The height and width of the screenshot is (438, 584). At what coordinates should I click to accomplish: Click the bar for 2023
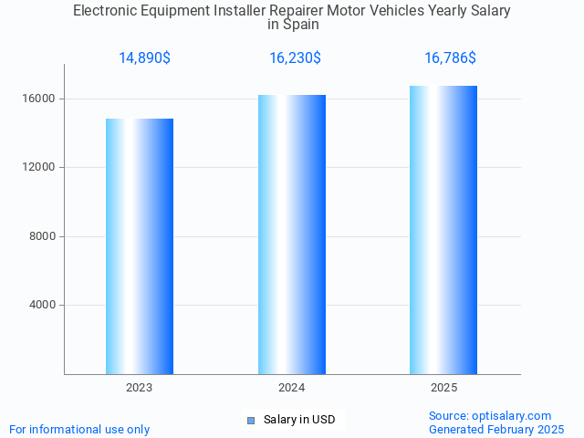coord(140,246)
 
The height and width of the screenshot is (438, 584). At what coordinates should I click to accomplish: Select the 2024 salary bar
coord(292,235)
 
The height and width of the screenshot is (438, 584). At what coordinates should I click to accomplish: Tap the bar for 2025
coord(443,230)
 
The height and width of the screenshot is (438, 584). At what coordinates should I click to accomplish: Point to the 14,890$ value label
coord(144,58)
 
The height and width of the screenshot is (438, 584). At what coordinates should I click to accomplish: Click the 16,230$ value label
coord(295,58)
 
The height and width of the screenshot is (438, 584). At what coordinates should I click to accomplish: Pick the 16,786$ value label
coord(450,58)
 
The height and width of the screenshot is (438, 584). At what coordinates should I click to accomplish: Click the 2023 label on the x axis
coord(140,388)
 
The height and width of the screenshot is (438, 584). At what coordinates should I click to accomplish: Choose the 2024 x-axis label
coord(292,388)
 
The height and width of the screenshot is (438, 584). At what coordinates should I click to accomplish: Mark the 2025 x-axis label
coord(444,388)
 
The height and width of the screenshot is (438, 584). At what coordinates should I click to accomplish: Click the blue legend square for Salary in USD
coord(251,421)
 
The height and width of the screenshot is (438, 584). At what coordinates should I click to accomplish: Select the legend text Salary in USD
coord(299,420)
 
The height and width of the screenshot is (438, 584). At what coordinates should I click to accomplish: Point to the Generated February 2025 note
coord(496,429)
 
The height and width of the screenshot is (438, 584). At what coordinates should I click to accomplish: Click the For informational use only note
coord(79,429)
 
